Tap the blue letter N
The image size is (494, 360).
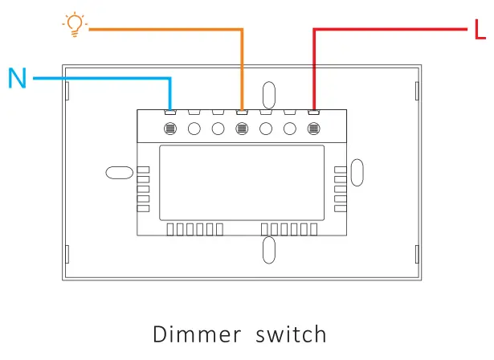click(17, 78)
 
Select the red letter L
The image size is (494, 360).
click(480, 31)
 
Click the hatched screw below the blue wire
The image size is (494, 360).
click(170, 129)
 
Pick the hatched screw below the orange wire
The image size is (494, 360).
click(241, 129)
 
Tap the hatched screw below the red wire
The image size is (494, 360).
click(312, 129)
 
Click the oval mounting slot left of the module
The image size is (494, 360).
click(118, 173)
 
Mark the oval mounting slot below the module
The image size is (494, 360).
click(269, 250)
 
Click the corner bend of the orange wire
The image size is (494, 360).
click(241, 30)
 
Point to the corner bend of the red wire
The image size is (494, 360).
click(312, 31)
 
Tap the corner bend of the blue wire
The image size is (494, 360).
click(169, 79)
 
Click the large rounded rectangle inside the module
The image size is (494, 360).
click(241, 182)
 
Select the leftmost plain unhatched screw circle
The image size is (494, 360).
click(194, 129)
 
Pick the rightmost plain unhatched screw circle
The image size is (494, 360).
click(288, 129)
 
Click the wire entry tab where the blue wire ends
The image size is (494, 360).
click(170, 111)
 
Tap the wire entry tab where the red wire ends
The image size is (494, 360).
click(312, 111)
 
